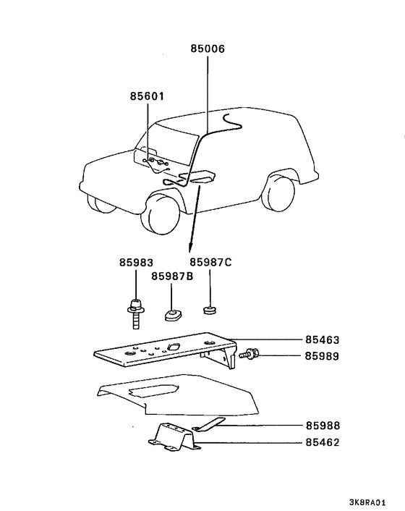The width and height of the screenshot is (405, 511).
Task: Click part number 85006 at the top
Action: point(208,49)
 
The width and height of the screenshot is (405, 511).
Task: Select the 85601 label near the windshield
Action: point(148,96)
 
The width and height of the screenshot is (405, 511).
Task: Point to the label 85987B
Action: point(171,276)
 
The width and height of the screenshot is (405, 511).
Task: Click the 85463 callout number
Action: point(322,339)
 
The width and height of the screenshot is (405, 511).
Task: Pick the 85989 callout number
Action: point(322,356)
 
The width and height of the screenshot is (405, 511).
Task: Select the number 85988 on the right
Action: point(322,426)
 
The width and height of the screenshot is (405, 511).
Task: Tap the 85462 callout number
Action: point(322,442)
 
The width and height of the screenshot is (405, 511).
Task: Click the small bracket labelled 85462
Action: point(173,438)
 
